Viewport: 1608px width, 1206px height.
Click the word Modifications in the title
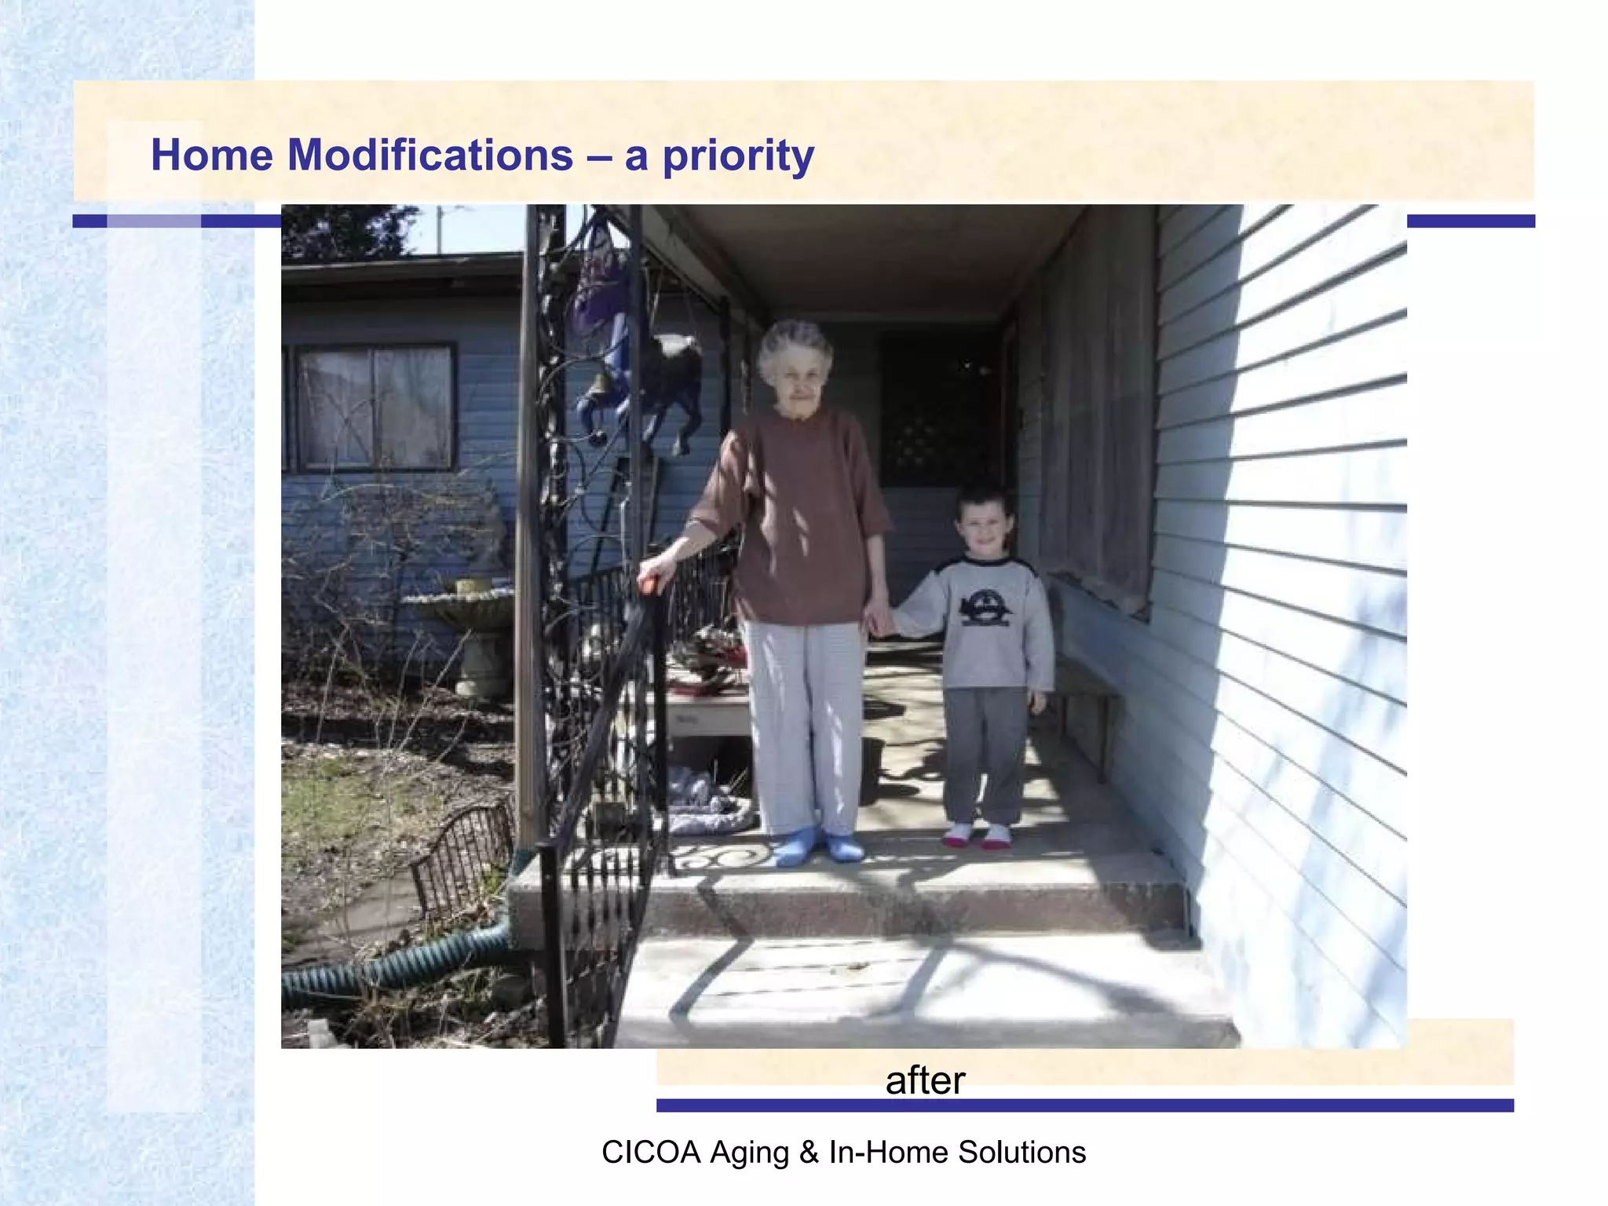[429, 155]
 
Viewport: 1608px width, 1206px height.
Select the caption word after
[925, 1080]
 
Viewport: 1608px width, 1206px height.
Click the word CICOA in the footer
[650, 1153]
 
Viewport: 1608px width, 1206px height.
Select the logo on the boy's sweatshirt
[985, 608]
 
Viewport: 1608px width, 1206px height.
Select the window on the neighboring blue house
[375, 406]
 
